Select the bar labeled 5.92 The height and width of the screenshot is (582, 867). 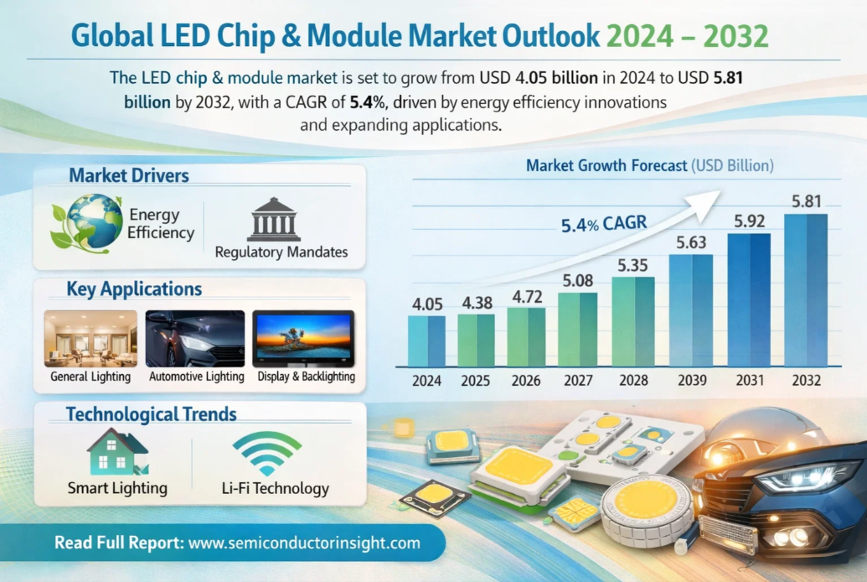coord(749,300)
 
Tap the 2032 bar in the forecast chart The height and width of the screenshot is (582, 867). coord(805,290)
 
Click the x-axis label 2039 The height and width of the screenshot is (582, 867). coord(692,381)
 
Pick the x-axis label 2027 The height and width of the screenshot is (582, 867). coord(577,381)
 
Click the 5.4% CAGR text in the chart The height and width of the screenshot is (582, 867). coord(604,225)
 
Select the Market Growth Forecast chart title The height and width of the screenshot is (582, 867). coord(649,166)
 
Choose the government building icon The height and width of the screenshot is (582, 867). coord(273,220)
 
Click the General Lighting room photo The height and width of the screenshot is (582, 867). coord(90,338)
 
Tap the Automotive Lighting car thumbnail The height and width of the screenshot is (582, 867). coord(195,338)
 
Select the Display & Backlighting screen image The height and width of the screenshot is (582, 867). coord(303,338)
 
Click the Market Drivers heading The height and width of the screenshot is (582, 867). coord(129,175)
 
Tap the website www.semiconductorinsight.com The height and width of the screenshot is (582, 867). coord(304,543)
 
